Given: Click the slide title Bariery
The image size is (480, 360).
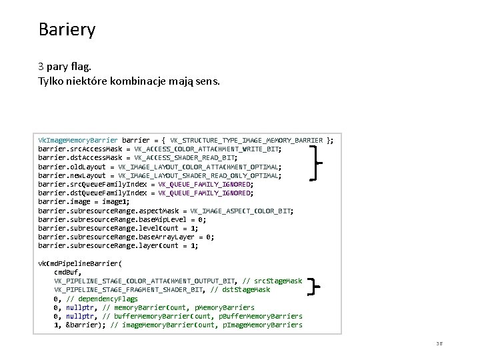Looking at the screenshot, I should coord(67,30).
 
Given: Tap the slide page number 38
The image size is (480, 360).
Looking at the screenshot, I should coord(439,343).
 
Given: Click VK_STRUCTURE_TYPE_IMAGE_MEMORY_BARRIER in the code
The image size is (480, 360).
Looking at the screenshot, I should coord(247,141).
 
